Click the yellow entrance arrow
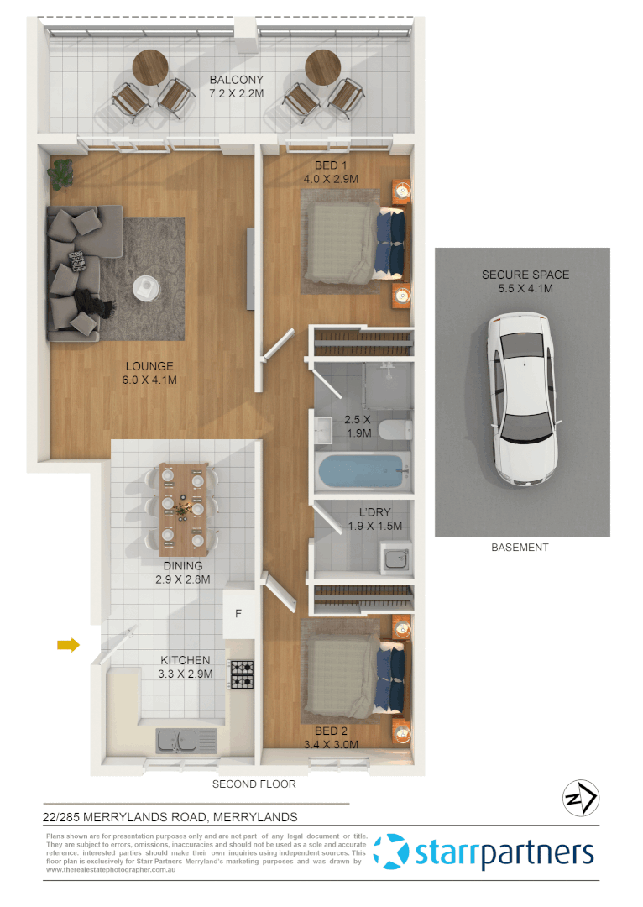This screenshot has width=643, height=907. pos(68,645)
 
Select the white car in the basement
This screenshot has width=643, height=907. pos(522,400)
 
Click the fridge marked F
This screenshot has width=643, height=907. pos(238,613)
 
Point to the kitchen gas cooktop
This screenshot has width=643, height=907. pos(243,674)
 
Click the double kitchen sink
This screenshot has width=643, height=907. pos(186,740)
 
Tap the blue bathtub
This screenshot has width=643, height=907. pos(362,473)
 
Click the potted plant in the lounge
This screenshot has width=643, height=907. pos(61,174)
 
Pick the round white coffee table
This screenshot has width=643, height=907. pos(148,287)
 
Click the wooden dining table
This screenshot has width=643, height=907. pos(183,508)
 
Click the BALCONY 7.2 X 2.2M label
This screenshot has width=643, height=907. pos(236,87)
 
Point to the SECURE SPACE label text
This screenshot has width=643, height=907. pos(525,275)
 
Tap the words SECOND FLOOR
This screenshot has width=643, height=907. pos(254,784)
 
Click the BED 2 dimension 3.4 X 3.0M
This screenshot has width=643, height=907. pos(331,744)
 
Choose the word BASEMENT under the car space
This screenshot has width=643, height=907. pos(520,548)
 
